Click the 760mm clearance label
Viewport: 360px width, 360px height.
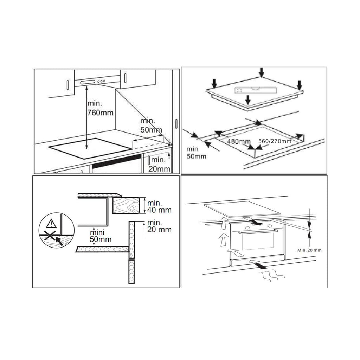point(100,108)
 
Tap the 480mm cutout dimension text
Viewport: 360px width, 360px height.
point(239,141)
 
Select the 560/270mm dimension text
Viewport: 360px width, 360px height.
point(275,141)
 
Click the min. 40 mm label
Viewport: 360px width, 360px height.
point(159,206)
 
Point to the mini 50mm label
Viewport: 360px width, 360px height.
point(100,236)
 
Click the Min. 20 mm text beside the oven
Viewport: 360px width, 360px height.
point(309,250)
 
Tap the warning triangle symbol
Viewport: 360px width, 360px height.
point(51,223)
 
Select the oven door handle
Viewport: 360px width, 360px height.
point(257,231)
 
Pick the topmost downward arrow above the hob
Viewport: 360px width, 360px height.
point(261,72)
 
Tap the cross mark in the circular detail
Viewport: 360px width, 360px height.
point(50,236)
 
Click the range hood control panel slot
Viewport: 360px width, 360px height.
point(88,82)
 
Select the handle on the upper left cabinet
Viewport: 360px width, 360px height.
point(68,85)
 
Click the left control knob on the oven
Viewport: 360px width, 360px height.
point(247,227)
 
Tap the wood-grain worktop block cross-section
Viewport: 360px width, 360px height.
point(126,205)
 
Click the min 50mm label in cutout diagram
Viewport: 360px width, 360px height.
point(196,153)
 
